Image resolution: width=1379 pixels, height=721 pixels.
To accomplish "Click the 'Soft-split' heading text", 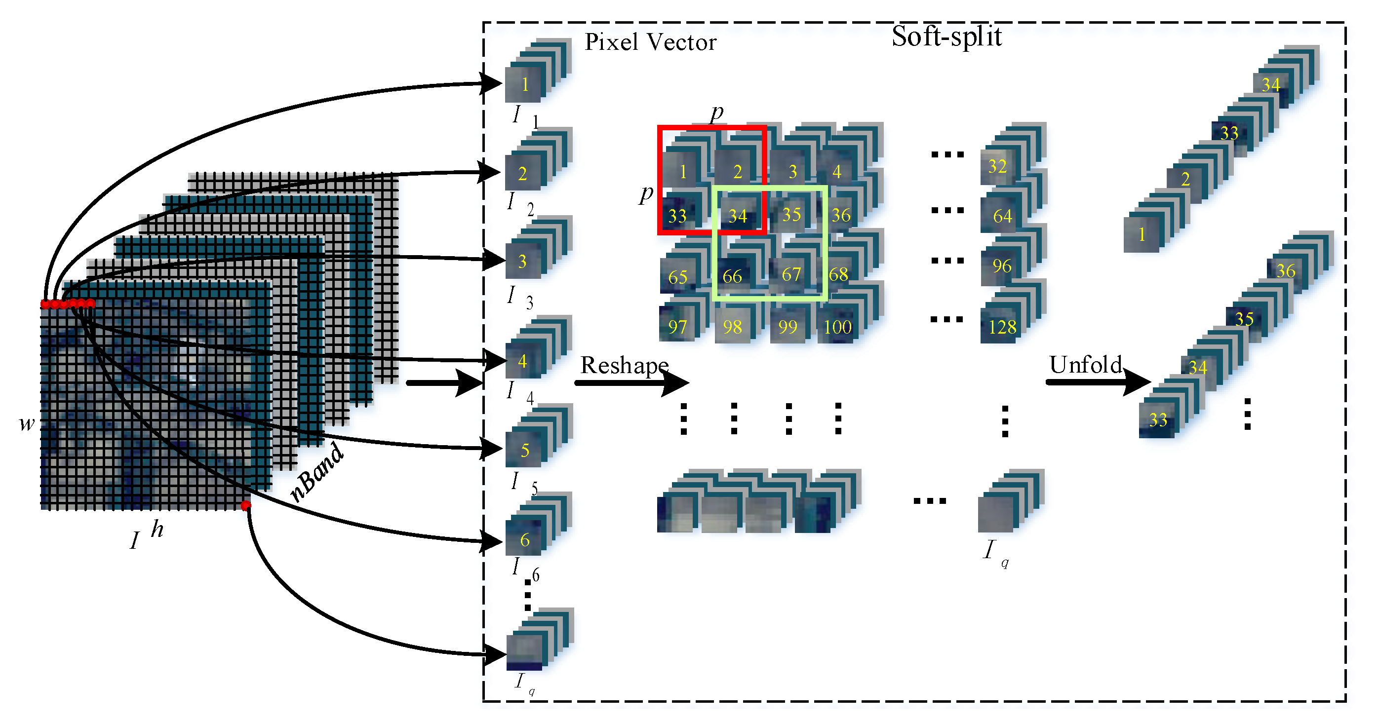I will (x=946, y=37).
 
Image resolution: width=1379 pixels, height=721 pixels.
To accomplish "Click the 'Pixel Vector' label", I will (x=650, y=42).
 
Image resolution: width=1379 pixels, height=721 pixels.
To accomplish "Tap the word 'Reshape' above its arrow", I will (x=624, y=365).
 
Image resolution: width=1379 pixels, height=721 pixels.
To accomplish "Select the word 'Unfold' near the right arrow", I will (x=1085, y=365).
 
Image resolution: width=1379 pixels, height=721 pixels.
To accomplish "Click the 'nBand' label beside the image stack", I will (x=317, y=472).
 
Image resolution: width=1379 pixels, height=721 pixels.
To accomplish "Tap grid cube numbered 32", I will (x=997, y=166).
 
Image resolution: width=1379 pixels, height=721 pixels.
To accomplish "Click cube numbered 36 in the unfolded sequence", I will (x=1285, y=271).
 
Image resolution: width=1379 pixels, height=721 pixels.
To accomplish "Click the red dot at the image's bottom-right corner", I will (x=246, y=505).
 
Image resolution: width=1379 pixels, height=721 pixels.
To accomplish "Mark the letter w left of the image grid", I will (x=26, y=423).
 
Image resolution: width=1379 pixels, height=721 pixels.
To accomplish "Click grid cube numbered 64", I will (x=1002, y=216).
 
